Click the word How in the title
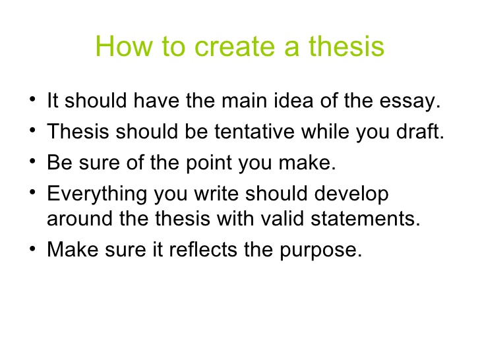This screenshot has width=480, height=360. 124,46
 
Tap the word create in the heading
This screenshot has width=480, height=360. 235,47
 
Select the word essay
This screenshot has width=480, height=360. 410,102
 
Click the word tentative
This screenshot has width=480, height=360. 255,132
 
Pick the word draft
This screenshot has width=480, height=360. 420,131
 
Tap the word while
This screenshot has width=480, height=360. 325,131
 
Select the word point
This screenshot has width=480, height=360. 209,163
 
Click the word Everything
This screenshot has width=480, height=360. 97,195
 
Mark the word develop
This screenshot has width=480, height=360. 351,195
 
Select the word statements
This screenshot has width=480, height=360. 365,219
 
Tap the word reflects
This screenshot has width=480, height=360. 203,249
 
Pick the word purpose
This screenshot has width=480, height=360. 321,251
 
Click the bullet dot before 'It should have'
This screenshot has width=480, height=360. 32,99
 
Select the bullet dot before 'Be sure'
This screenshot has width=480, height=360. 32,161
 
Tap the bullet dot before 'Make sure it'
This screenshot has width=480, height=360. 32,248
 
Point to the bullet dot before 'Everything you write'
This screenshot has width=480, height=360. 32,193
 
